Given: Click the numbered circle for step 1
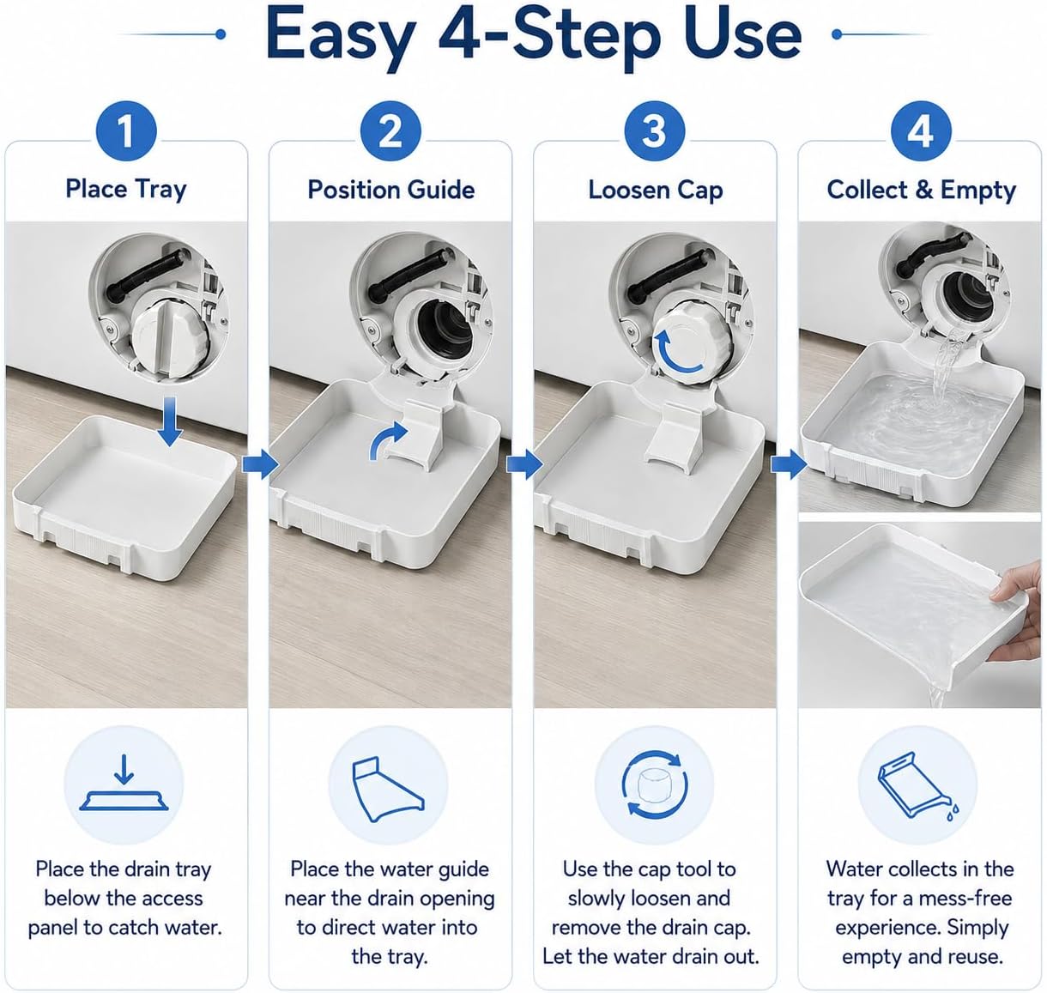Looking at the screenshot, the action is pos(125,131).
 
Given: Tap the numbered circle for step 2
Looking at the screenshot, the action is pos(390,131).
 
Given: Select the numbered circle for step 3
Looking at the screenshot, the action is pos(655,131).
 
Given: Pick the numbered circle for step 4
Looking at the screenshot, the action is pos(921,131).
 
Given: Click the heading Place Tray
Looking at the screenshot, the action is pos(126,190).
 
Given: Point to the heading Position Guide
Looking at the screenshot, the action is pos(390,190).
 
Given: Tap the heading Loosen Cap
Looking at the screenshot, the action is pos(656,191).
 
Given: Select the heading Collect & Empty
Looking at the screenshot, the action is pos(922,191).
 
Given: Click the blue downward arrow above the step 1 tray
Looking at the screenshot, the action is pos(170,421).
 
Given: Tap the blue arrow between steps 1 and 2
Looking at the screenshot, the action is pos(260,464).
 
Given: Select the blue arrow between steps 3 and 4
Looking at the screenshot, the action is pos(788,464).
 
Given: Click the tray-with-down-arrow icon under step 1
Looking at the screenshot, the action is pos(124,782).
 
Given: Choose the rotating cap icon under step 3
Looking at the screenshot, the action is pos(655,784).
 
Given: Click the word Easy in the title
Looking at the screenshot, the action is pos(341,36).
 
